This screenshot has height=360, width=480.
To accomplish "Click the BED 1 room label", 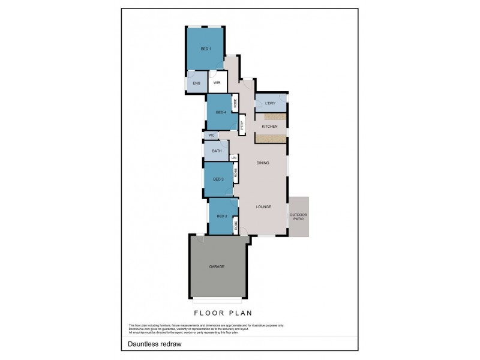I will click(x=205, y=48).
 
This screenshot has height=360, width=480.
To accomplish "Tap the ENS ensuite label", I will click(x=196, y=83).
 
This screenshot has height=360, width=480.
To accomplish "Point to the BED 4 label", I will click(x=220, y=112).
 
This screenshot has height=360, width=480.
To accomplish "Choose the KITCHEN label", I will click(x=269, y=127).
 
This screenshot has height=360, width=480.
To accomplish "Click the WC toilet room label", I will click(x=211, y=136).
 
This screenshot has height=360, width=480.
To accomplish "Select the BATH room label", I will click(x=216, y=151).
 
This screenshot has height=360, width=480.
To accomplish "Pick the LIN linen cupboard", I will click(x=234, y=158).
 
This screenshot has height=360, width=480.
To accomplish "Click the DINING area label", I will click(x=263, y=163).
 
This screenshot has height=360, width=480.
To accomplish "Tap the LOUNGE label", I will click(x=263, y=207).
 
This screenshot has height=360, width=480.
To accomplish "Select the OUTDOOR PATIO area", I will click(x=298, y=216).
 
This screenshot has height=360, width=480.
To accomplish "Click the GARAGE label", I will click(x=217, y=266).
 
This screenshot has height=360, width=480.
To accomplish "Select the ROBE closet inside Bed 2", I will click(x=236, y=226).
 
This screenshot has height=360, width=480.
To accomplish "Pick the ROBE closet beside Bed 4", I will click(x=235, y=104).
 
